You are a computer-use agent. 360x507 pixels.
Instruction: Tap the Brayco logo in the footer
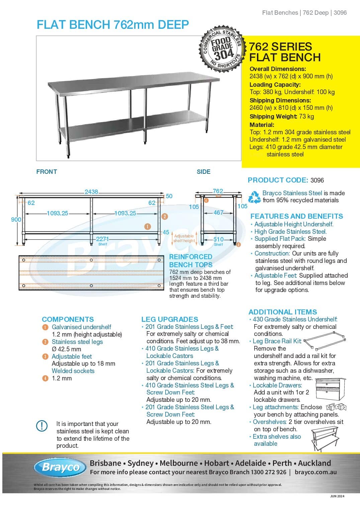click(61, 467)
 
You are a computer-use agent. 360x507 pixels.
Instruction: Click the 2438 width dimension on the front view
click(91, 192)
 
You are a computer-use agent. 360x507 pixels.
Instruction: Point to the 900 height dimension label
click(16, 220)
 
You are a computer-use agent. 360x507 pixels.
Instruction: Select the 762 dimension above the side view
click(218, 191)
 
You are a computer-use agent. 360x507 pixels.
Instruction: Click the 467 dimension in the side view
click(218, 213)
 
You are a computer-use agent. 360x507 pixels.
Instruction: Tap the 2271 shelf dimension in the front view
click(102, 239)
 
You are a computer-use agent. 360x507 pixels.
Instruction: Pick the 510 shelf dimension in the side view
click(218, 239)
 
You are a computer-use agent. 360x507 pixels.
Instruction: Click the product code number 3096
click(317, 180)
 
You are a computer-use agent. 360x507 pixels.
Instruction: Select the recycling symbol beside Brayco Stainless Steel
click(254, 197)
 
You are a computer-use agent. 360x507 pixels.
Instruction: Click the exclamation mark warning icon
click(42, 426)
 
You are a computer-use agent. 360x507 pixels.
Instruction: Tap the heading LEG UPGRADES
click(170, 319)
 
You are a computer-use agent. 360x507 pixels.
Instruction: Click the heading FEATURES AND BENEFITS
click(296, 216)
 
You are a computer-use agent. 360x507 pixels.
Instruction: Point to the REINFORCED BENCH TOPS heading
click(191, 261)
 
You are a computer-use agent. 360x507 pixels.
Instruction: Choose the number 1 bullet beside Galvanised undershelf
click(45, 327)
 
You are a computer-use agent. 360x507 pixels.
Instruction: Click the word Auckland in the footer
click(314, 463)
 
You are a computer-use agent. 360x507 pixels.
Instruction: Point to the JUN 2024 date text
click(337, 496)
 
